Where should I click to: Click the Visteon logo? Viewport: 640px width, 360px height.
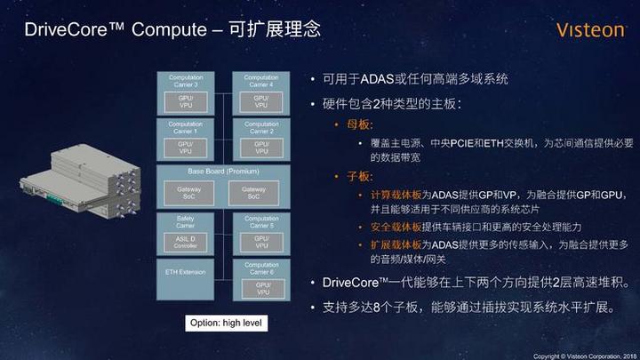point(590,30)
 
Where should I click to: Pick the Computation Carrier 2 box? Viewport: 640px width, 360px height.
point(261,139)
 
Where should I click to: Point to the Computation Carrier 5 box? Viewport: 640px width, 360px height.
point(261,233)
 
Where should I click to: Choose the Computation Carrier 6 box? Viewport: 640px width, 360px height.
point(261,279)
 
